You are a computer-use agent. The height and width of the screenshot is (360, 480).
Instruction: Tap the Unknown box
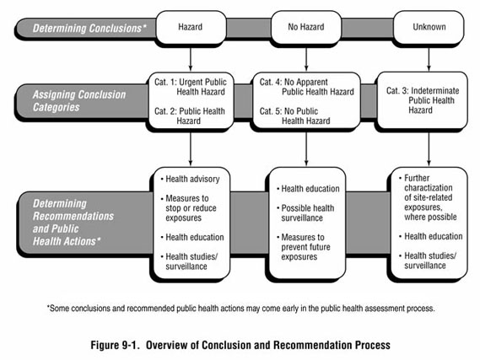(428, 28)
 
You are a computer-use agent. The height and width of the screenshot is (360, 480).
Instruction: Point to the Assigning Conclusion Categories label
(81, 101)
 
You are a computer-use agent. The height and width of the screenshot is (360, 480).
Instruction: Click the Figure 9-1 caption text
(240, 345)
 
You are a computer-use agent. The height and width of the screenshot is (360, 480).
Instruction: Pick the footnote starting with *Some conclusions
(240, 308)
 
